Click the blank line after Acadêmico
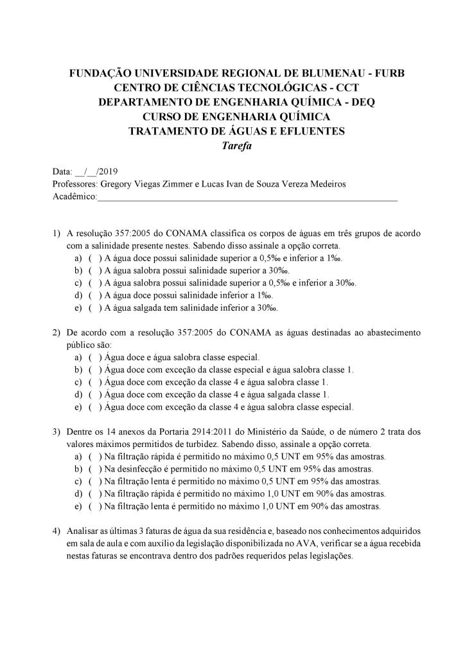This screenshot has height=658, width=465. pyautogui.click(x=247, y=197)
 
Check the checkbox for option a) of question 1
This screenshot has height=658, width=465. pyautogui.click(x=93, y=258)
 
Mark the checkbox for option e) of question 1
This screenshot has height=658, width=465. pyautogui.click(x=93, y=308)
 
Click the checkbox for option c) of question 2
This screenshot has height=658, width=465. pyautogui.click(x=93, y=382)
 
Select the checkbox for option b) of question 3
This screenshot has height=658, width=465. pyautogui.click(x=93, y=469)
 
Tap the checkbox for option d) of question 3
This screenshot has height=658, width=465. pyautogui.click(x=93, y=494)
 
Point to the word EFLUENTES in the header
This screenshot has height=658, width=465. pyautogui.click(x=312, y=132)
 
